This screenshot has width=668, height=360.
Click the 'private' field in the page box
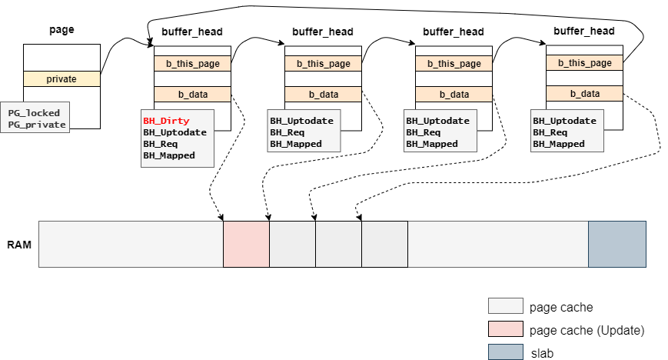click(x=61, y=78)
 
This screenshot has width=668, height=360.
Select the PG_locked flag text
click(x=33, y=113)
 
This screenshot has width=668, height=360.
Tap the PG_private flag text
click(x=35, y=125)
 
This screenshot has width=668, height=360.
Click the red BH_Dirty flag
click(x=165, y=121)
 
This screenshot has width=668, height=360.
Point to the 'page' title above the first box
click(x=61, y=31)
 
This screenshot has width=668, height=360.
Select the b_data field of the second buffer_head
click(x=323, y=94)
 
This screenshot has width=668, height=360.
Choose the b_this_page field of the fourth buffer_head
click(x=584, y=63)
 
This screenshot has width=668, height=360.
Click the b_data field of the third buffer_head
click(x=454, y=94)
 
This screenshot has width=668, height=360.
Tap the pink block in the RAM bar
click(x=246, y=245)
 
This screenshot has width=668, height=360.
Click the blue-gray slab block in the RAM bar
click(x=616, y=245)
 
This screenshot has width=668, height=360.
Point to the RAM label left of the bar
click(x=19, y=245)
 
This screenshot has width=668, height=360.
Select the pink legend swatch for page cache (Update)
click(x=505, y=329)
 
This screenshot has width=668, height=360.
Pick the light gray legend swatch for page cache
click(x=505, y=307)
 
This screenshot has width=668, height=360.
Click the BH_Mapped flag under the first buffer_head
click(x=168, y=155)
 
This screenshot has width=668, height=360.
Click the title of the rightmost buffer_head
click(x=584, y=32)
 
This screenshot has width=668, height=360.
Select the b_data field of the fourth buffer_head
click(x=584, y=93)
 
